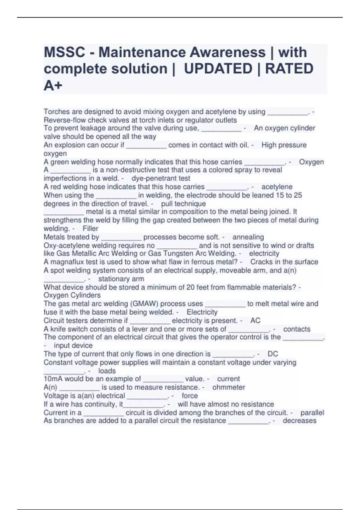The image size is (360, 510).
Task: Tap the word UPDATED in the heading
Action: click(218, 69)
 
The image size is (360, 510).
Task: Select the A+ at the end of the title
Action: click(53, 85)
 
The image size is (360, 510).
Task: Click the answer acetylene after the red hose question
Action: click(277, 187)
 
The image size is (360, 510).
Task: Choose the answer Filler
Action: click(90, 229)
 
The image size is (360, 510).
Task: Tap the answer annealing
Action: click(248, 237)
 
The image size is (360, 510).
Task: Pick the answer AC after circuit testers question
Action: click(255, 321)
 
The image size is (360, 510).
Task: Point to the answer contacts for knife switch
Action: click(297, 329)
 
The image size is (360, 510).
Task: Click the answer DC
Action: click(273, 354)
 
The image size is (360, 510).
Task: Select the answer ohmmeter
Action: click(229, 387)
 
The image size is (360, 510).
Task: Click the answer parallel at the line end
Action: click(312, 413)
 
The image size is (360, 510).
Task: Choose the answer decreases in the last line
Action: click(299, 421)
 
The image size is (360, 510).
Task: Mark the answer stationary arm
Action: click(121, 279)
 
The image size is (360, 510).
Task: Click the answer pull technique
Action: click(183, 204)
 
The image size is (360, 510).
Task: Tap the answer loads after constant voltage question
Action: click(107, 371)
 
